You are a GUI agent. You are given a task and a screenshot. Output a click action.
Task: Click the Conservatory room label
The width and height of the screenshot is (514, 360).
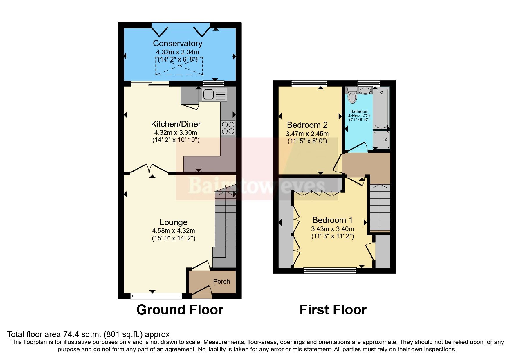click(x=177, y=43)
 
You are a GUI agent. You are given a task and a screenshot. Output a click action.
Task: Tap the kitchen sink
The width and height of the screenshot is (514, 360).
click(x=214, y=94)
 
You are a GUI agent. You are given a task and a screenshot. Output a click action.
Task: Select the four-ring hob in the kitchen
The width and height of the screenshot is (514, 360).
click(x=228, y=128)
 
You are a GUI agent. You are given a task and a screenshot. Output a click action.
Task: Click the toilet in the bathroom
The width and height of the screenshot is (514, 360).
click(x=352, y=96)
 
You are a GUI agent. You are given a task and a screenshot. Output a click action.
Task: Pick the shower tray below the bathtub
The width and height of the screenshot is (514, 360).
click(x=381, y=140)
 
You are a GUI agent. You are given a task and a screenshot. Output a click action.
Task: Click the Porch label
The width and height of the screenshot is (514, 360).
click(x=221, y=281)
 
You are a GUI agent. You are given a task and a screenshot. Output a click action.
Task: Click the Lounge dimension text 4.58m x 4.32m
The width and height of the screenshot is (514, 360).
click(x=173, y=231)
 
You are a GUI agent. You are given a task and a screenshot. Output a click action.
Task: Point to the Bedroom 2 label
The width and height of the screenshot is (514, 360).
click(x=307, y=125)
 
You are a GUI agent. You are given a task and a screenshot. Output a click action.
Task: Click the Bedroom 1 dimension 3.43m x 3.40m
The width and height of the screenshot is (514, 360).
click(x=332, y=229)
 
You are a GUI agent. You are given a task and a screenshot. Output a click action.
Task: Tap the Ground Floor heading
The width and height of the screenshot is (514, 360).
click(x=180, y=310)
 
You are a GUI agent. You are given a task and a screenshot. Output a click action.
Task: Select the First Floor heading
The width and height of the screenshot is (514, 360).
click(x=333, y=310)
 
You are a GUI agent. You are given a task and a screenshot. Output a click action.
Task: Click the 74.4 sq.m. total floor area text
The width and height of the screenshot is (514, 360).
click(x=88, y=334)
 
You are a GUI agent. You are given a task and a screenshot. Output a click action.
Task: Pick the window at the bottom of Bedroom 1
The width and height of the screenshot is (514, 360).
click(x=330, y=271)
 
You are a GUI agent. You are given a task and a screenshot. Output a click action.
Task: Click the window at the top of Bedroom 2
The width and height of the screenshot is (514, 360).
click(x=309, y=84)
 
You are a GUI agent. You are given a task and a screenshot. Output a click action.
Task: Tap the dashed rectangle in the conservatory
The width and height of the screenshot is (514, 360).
click(x=179, y=66)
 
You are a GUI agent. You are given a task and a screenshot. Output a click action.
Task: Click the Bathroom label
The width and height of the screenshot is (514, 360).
click(x=359, y=111)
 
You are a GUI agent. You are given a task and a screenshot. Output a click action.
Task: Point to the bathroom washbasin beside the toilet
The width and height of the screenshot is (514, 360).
click(x=365, y=91)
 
